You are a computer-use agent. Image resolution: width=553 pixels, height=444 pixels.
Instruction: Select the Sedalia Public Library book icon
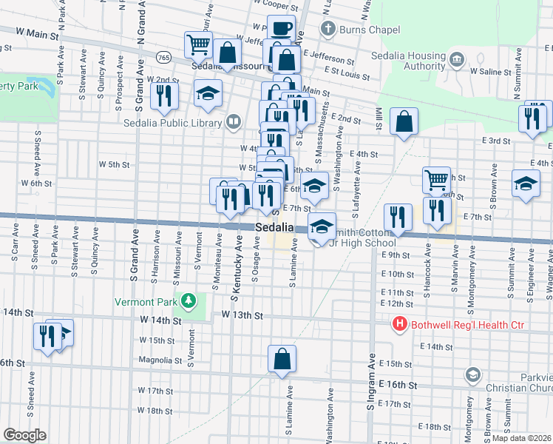(233, 121)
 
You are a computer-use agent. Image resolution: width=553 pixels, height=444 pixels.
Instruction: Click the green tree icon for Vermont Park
(189, 300)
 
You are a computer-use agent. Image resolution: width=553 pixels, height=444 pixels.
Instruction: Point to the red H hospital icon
(400, 324)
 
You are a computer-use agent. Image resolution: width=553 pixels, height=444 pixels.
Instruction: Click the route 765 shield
(163, 57)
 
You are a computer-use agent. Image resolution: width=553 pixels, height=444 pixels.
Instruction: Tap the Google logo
(24, 435)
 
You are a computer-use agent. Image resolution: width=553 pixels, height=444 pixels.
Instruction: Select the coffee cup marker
(280, 29)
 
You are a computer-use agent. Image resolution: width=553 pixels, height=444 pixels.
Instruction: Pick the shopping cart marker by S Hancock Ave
(436, 179)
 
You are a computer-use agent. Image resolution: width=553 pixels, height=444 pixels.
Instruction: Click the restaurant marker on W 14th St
(46, 335)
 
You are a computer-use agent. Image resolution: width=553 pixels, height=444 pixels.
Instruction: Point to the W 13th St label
(242, 315)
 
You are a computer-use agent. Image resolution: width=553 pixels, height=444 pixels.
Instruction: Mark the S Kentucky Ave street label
(238, 269)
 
